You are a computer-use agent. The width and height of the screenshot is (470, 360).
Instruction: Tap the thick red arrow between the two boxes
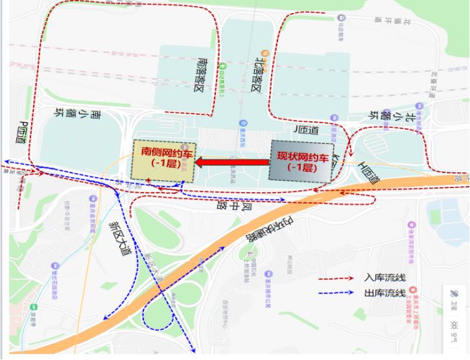(233, 162)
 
